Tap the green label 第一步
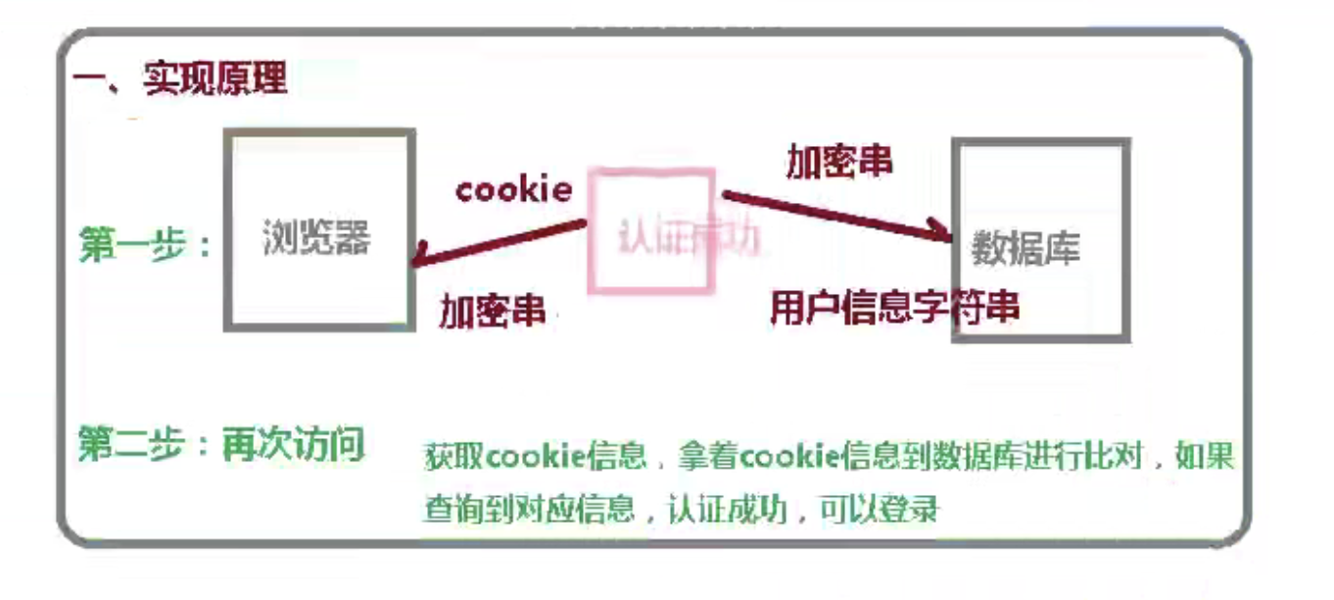click(x=132, y=244)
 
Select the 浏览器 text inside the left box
click(x=316, y=238)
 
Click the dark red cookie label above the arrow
click(x=513, y=189)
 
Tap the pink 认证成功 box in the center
click(x=650, y=231)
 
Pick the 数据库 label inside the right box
click(x=1024, y=249)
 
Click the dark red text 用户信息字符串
click(x=894, y=308)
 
